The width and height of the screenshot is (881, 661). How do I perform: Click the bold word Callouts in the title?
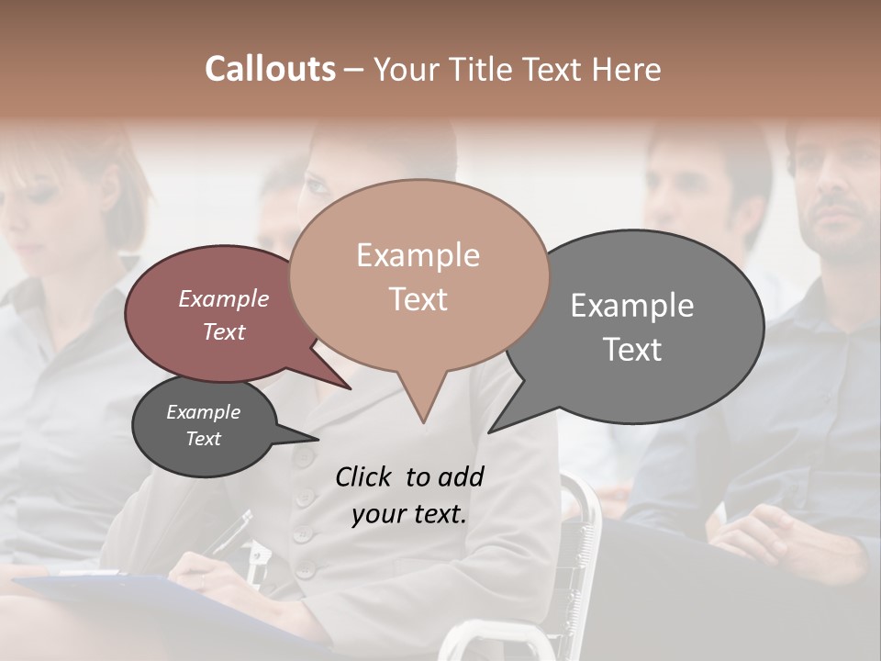[270, 69]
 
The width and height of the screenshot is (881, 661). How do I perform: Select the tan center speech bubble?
[418, 275]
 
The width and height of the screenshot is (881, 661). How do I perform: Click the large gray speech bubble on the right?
[642, 326]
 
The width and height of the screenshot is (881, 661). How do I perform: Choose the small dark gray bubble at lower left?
[204, 426]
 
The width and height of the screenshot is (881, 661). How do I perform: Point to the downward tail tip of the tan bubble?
[423, 423]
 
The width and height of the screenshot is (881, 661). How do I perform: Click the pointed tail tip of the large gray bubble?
[490, 431]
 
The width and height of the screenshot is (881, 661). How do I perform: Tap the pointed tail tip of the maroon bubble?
[351, 388]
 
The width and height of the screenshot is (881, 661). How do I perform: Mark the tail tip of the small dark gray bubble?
[318, 440]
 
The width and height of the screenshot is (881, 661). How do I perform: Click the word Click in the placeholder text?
[363, 476]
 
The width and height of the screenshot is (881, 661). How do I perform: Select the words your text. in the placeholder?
[409, 514]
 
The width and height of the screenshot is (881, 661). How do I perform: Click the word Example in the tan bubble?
[418, 255]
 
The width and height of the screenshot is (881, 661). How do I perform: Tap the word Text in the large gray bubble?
[632, 350]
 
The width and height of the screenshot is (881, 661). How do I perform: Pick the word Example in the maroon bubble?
[223, 298]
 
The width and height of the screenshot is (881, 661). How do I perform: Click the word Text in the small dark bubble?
[203, 439]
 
